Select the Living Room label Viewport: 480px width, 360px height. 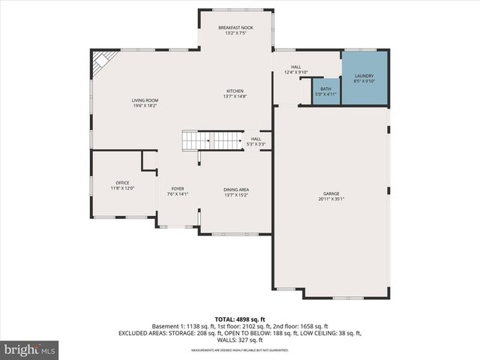(145, 100)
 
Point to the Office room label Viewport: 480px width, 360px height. (122, 183)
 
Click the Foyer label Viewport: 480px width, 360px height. (178, 189)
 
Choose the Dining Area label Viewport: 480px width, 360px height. (235, 189)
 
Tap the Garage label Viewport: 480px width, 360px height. (331, 192)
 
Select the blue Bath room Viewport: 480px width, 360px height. (325, 91)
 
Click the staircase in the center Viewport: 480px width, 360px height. (212, 140)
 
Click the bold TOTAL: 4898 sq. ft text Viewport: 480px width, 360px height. (240, 319)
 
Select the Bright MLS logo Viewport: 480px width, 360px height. (30, 349)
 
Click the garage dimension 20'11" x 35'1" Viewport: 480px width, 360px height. (331, 199)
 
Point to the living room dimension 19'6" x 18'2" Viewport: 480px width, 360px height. (145, 106)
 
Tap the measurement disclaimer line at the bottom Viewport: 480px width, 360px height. (240, 350)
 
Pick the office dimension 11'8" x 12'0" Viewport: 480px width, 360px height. (122, 188)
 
